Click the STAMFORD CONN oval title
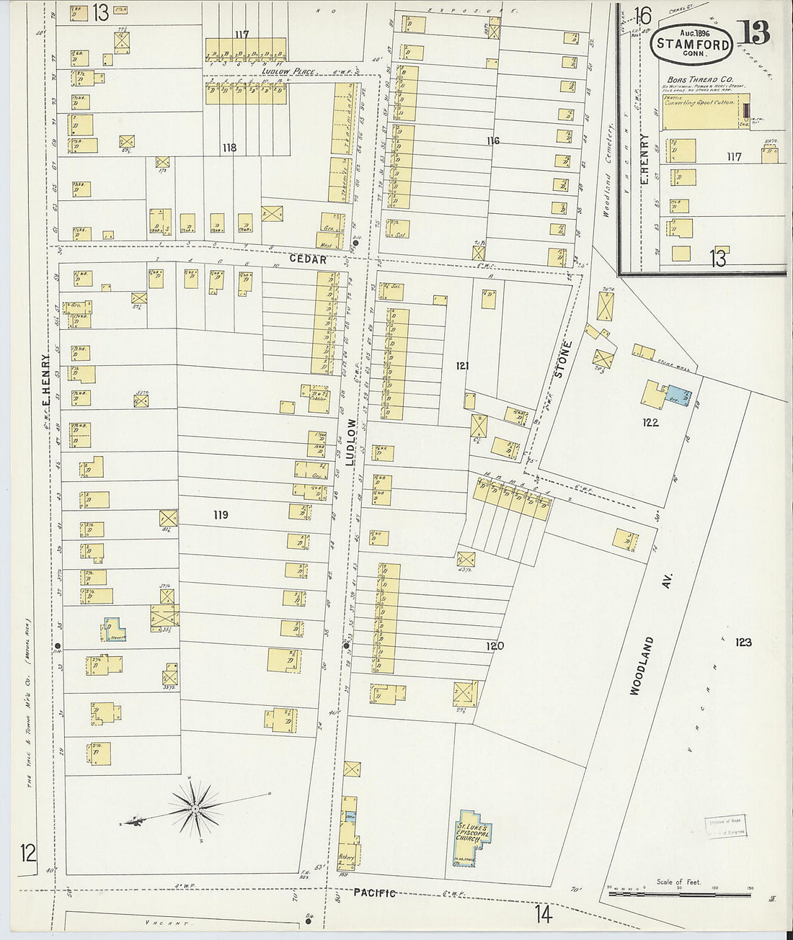[x=693, y=44]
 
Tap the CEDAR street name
[x=309, y=259]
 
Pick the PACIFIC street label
[x=374, y=893]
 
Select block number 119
[x=221, y=514]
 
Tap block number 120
[x=495, y=645]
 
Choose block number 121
[x=462, y=366]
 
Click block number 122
[x=650, y=423]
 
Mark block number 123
[x=743, y=642]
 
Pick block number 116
[x=492, y=140]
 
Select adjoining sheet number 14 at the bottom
[x=544, y=915]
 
